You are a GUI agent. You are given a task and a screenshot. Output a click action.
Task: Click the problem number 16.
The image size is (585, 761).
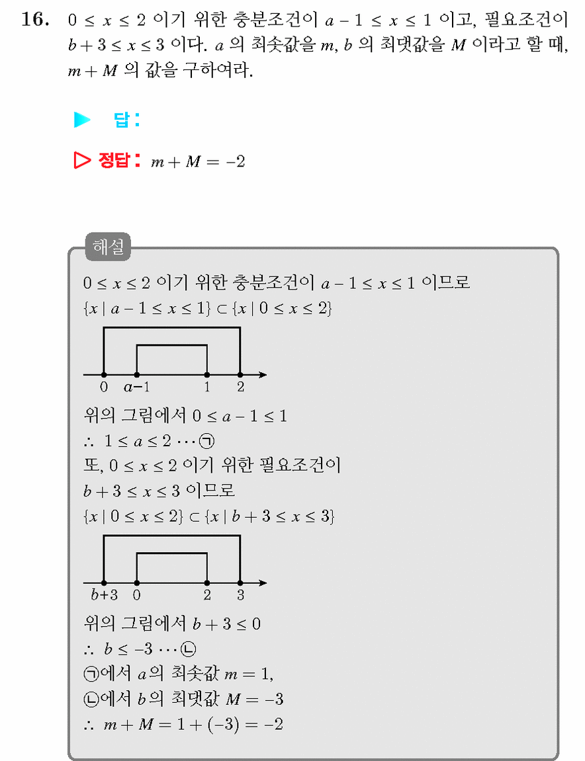pos(35,19)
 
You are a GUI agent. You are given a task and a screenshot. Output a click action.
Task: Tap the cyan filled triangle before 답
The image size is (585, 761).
pos(81,120)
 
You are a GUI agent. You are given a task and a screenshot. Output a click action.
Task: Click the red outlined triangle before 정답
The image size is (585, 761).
pos(81,160)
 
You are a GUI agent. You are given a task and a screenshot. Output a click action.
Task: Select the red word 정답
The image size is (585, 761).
pos(113,160)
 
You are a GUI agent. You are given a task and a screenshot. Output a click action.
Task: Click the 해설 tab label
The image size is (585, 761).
pos(108,247)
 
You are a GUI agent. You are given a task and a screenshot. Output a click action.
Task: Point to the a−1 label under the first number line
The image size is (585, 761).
pos(136,387)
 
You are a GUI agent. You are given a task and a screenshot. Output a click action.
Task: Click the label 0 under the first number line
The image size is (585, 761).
pos(103,387)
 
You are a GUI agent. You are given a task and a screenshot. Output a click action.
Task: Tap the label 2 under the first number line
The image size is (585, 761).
pos(240,387)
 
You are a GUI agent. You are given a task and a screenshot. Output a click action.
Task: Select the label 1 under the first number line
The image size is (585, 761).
pos(207,387)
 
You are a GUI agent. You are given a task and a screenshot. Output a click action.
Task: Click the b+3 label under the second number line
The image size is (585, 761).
pos(105,594)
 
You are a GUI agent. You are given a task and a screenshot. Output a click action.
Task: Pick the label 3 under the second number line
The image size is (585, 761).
pos(240,595)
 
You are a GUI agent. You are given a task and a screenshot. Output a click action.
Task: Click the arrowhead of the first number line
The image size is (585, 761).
pos(263,375)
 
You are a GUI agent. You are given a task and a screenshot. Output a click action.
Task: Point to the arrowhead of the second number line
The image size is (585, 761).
pos(263,582)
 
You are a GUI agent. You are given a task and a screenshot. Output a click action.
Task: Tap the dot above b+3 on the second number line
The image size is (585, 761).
pos(104,582)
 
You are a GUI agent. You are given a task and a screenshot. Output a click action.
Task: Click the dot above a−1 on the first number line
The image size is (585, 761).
pos(137,375)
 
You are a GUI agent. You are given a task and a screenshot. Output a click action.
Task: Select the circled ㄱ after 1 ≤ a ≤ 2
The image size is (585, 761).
pos(208,441)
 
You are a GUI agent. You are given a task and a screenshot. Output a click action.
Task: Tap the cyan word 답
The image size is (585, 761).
pos(121,120)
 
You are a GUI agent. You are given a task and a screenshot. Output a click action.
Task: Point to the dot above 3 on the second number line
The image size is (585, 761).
pos(240,582)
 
